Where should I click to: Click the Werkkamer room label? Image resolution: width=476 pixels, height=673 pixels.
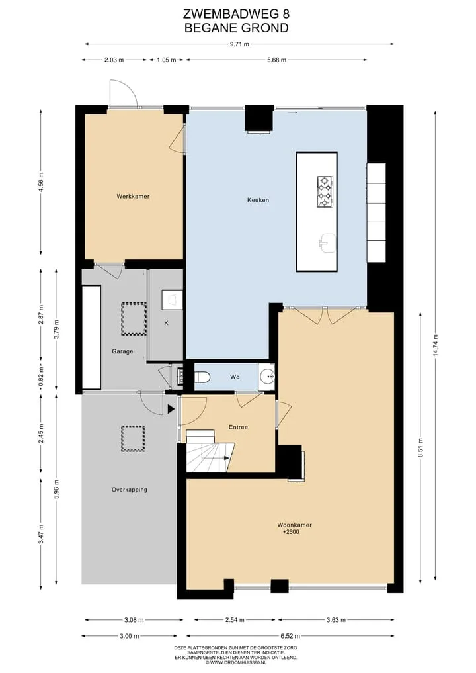(x=133, y=196)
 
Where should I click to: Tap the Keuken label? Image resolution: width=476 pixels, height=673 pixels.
(x=258, y=200)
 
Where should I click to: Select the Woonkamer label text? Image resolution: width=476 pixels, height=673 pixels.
(x=294, y=525)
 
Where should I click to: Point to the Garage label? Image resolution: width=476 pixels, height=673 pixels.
(x=122, y=351)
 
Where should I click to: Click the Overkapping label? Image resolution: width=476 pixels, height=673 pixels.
(x=130, y=489)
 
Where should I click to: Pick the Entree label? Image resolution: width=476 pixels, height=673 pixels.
(x=238, y=427)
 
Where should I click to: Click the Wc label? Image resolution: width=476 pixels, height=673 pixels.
(x=235, y=377)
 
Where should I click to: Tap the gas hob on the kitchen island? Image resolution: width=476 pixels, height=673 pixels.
(x=326, y=192)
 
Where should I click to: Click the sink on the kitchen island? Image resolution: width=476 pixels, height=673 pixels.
(x=327, y=242)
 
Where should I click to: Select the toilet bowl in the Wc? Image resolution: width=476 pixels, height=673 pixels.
(x=202, y=377)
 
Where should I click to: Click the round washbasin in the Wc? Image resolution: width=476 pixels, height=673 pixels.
(x=268, y=377)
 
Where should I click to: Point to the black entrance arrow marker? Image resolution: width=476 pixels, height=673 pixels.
(x=171, y=409)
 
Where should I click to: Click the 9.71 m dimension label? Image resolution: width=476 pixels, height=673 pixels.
(x=239, y=44)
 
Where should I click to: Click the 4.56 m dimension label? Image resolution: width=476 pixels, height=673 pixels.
(x=41, y=183)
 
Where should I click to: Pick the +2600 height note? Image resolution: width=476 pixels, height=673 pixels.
(x=291, y=532)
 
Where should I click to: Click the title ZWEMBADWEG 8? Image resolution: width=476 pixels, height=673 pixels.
(x=236, y=14)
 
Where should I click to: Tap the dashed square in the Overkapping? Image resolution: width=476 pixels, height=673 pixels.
(x=133, y=438)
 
